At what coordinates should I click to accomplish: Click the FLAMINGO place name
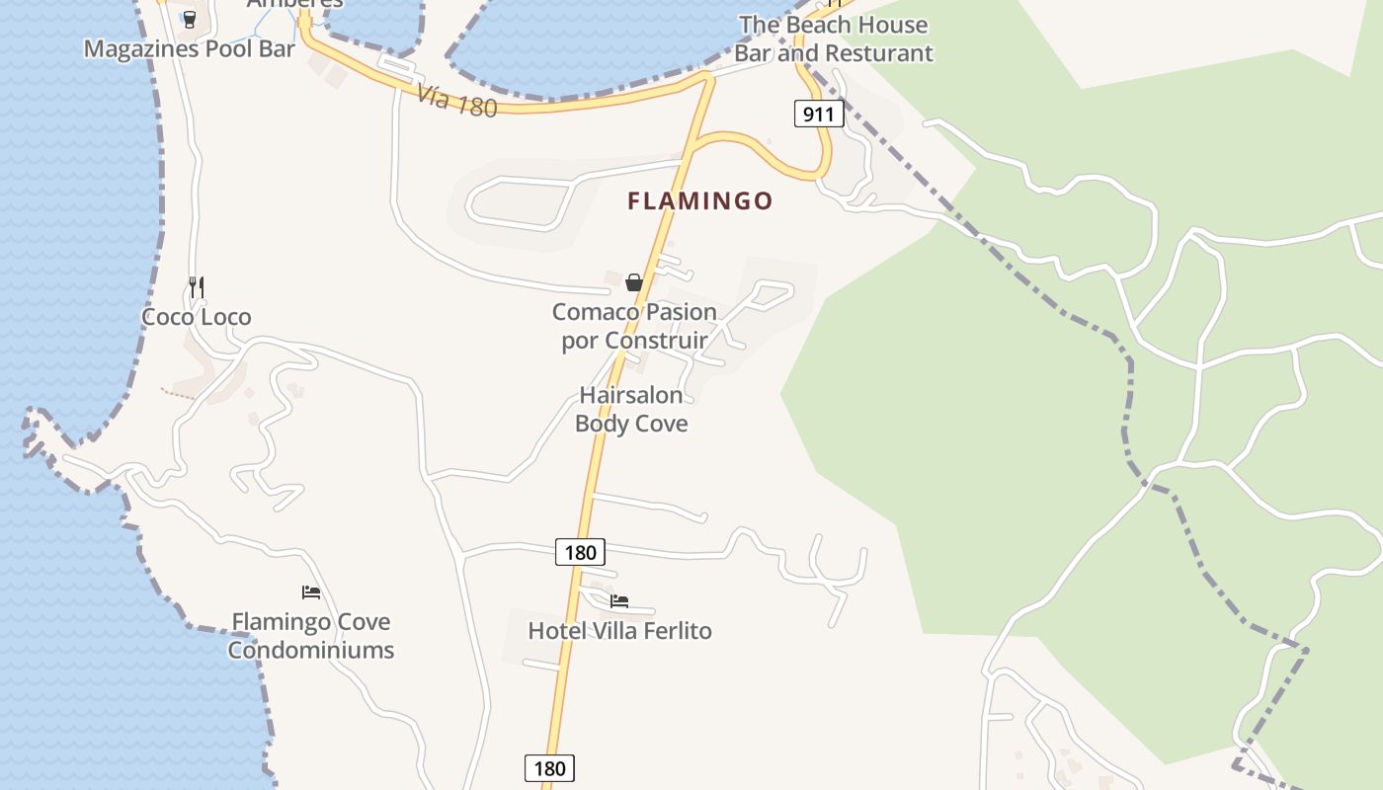click(x=700, y=201)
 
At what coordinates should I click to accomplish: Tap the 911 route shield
click(x=818, y=115)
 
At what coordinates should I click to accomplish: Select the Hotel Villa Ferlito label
click(x=619, y=631)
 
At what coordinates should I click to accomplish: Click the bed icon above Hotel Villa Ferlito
click(x=619, y=600)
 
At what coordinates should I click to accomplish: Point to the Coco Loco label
click(x=196, y=317)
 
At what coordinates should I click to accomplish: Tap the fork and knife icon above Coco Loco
click(x=197, y=287)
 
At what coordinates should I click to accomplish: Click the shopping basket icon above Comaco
click(x=634, y=282)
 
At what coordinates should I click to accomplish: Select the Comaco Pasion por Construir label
click(x=634, y=326)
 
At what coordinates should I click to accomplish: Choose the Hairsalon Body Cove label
click(x=631, y=409)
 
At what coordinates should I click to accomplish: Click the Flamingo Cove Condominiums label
click(x=311, y=635)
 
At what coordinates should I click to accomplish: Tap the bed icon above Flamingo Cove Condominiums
click(x=311, y=592)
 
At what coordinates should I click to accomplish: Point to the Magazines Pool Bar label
click(x=189, y=48)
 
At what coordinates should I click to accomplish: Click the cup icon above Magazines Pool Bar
click(x=190, y=19)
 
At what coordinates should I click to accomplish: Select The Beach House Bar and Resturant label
click(x=833, y=39)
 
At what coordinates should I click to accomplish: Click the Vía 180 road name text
click(x=456, y=101)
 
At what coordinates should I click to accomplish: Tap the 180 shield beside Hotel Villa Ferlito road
click(x=580, y=552)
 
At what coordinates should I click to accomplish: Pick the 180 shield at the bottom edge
click(x=549, y=768)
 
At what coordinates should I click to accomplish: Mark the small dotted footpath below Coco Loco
click(x=179, y=393)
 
